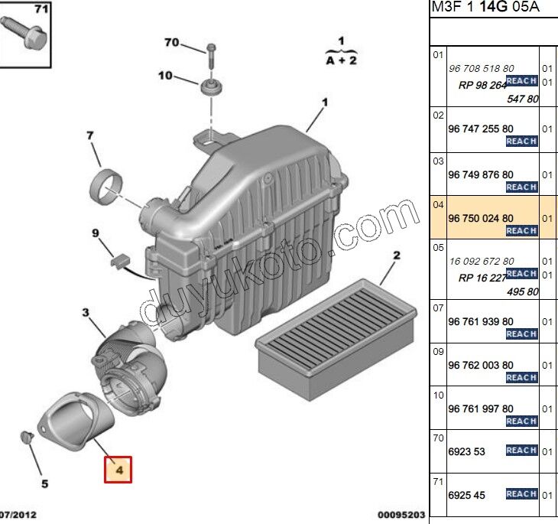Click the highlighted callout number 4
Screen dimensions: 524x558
(x=118, y=468)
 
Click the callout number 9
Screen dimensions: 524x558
(x=96, y=233)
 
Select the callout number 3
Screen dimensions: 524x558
(x=86, y=312)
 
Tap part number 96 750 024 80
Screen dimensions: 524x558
(x=480, y=218)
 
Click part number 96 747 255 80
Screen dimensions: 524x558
(x=480, y=129)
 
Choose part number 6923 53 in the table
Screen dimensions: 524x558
(x=466, y=451)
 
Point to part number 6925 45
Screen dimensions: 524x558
(x=466, y=496)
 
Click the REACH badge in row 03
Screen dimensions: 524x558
(x=521, y=187)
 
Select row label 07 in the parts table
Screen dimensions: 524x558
(x=438, y=308)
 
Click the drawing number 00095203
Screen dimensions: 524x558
(x=400, y=515)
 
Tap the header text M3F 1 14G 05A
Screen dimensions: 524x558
(x=485, y=7)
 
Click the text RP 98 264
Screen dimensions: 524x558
(x=482, y=86)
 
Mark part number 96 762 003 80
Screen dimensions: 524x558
(x=480, y=365)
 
